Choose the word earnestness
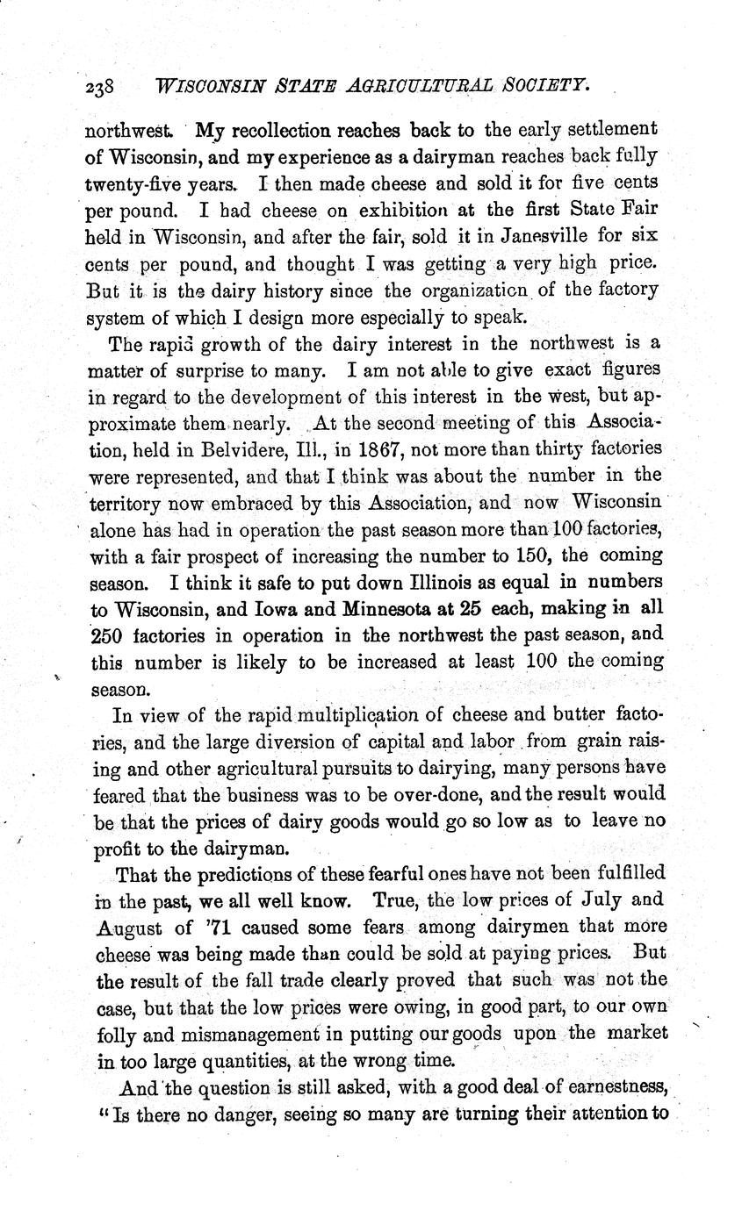click(x=605, y=1087)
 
